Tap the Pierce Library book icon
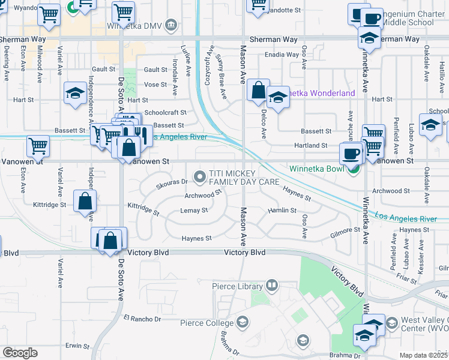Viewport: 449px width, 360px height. click(x=272, y=284)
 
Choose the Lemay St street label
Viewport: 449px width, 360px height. click(x=194, y=211)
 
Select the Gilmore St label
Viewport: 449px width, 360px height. click(x=345, y=233)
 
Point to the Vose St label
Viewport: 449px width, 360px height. click(x=155, y=85)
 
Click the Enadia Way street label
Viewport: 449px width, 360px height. click(x=285, y=55)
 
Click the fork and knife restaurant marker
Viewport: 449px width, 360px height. click(x=137, y=133)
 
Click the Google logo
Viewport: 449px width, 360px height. click(x=20, y=353)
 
